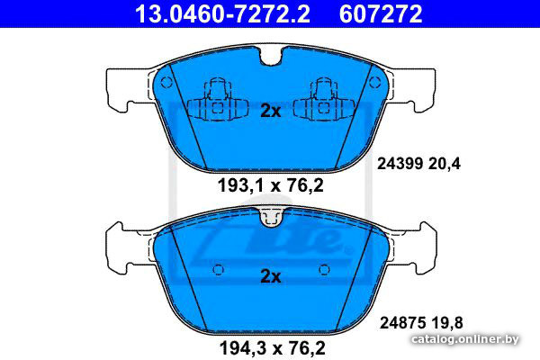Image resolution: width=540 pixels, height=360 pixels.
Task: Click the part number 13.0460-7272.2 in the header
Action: (x=222, y=13)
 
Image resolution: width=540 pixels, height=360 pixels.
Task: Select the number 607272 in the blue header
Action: (x=381, y=13)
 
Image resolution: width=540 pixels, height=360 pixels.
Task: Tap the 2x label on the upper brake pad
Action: (x=271, y=111)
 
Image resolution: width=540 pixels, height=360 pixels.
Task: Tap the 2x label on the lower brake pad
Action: (x=271, y=276)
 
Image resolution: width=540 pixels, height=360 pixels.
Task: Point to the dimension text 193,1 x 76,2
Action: (x=271, y=185)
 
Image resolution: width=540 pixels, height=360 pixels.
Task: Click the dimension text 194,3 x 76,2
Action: (x=272, y=348)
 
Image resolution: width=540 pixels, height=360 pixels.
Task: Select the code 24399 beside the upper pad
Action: (x=400, y=164)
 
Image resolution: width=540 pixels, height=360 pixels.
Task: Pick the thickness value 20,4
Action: (x=445, y=164)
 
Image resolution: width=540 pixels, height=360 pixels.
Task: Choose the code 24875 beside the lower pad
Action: (x=402, y=323)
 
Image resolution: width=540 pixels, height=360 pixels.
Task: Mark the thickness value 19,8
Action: (x=446, y=323)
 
